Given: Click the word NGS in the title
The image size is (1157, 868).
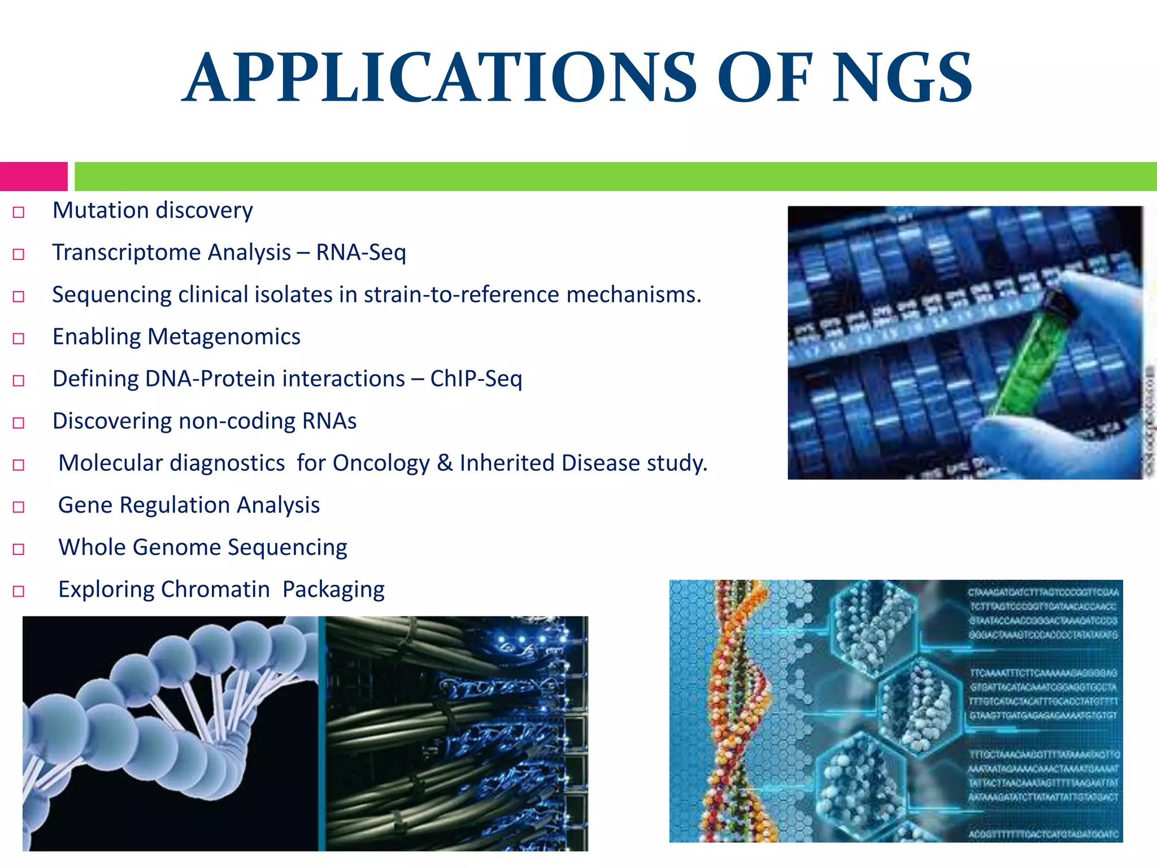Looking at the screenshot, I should pyautogui.click(x=902, y=78).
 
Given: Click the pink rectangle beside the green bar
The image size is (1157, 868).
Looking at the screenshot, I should pyautogui.click(x=33, y=176).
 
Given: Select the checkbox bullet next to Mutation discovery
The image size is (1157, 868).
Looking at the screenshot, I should pyautogui.click(x=19, y=212).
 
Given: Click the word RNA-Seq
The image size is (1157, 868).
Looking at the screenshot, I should pyautogui.click(x=361, y=253).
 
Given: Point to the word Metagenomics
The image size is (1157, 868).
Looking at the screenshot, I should pyautogui.click(x=224, y=337).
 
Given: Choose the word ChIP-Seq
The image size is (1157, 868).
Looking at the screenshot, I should pyautogui.click(x=476, y=379).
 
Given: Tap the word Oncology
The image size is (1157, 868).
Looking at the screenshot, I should pyautogui.click(x=381, y=463).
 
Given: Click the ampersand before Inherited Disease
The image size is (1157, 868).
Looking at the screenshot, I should pyautogui.click(x=445, y=463).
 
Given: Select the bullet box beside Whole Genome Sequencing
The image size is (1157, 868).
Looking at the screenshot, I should pyautogui.click(x=19, y=549).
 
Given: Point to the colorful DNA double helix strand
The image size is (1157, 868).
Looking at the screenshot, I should pyautogui.click(x=734, y=712).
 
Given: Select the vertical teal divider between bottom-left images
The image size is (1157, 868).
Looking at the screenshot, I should pyautogui.click(x=321, y=734).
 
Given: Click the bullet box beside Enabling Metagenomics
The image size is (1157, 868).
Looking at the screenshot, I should pyautogui.click(x=19, y=339).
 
